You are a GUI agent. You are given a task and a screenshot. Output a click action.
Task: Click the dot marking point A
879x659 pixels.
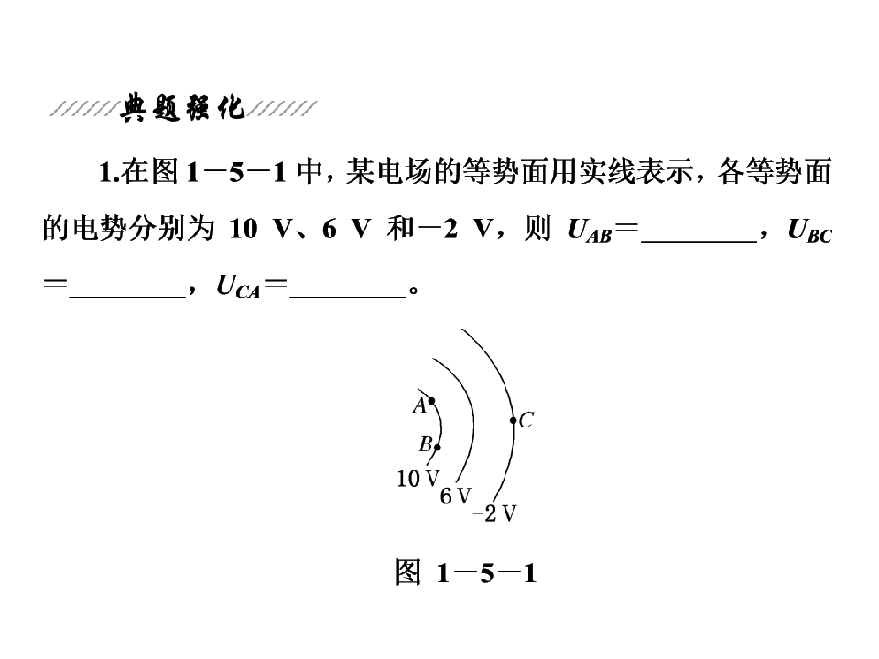431,401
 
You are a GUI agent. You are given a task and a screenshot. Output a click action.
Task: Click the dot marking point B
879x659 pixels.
438,448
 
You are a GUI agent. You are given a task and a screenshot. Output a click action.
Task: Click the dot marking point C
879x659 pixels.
513,420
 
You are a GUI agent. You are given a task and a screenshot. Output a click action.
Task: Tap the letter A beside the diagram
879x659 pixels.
419,405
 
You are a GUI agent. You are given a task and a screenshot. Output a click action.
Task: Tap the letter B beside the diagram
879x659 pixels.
426,445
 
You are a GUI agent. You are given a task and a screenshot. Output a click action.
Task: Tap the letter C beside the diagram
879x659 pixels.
526,420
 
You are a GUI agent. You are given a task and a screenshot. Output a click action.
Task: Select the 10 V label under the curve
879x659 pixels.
418,479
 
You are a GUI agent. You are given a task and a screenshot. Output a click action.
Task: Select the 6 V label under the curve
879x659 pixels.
456,496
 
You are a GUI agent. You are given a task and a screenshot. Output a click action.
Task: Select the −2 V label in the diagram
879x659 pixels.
494,513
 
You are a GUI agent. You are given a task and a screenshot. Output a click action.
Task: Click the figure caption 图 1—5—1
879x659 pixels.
466,573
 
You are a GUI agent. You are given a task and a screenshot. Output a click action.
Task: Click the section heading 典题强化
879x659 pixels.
183,108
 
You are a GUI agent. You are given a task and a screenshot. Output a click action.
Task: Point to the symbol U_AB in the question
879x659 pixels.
589,230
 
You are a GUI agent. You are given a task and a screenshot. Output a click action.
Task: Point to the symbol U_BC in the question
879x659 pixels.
810,230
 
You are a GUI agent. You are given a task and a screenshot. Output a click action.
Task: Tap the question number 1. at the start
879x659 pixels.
109,172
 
